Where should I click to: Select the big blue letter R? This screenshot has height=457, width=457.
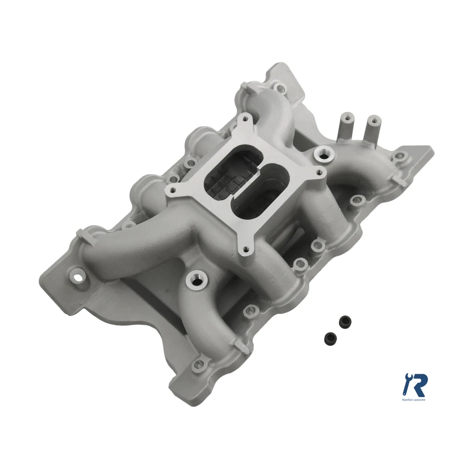pyautogui.click(x=418, y=385)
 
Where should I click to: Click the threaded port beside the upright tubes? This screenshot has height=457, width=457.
pyautogui.click(x=325, y=153)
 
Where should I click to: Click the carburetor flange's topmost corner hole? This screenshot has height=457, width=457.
pyautogui.click(x=246, y=117)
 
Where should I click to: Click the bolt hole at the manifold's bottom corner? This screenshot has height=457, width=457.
pyautogui.click(x=198, y=365)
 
